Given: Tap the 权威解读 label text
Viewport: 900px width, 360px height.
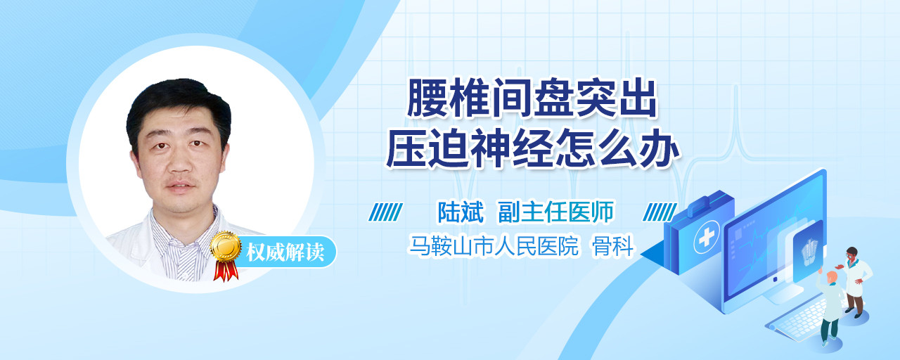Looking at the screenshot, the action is (285, 252).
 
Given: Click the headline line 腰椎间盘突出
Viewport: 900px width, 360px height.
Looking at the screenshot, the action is (532, 98).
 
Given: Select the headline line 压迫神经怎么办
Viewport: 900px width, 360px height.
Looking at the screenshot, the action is (532, 148).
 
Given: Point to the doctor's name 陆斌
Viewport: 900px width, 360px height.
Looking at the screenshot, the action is (461, 212).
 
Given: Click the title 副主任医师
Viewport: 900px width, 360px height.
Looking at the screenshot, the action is (555, 212).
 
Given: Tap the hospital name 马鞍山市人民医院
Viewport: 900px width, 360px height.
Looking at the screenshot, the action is (494, 246).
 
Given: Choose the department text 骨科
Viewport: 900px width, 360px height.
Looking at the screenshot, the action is (612, 246).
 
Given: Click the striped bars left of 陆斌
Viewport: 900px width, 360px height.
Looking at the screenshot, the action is (385, 212).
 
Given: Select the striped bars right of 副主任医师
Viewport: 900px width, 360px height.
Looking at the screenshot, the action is (660, 212).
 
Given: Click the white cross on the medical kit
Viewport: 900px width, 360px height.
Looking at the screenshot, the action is (706, 238).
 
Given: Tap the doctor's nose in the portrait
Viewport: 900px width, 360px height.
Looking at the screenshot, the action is (179, 162).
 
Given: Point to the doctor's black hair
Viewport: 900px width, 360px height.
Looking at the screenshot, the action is (179, 105).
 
